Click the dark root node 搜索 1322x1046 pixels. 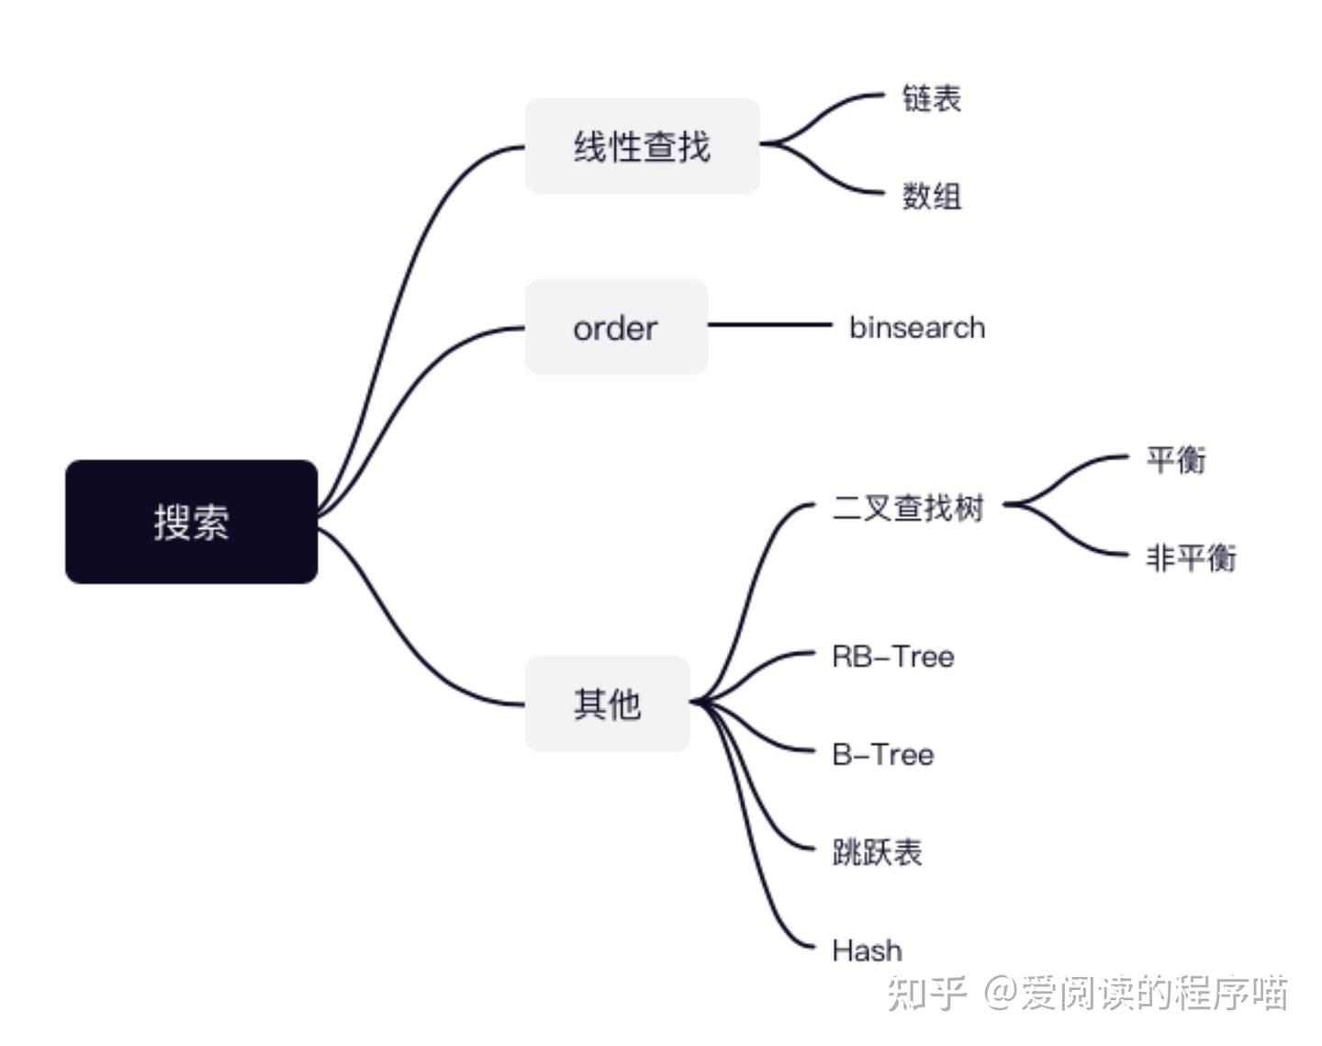tap(191, 521)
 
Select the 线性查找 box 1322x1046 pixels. tap(642, 146)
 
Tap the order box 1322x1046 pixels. tap(615, 327)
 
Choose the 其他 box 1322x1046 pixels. tap(607, 703)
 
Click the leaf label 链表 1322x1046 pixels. tap(931, 98)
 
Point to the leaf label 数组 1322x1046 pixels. tap(931, 196)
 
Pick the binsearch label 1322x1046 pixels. tap(917, 327)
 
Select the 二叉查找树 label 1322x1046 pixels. tap(908, 508)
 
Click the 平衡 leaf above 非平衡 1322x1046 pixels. tap(1176, 459)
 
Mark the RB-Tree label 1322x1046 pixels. tap(893, 657)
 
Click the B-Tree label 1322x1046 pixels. tap(883, 755)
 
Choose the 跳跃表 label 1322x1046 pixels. tap(878, 852)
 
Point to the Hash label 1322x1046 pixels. tap(867, 950)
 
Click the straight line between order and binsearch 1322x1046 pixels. tap(769, 324)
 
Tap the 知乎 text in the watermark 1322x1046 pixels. tap(926, 993)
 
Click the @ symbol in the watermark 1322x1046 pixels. tap(1002, 993)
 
